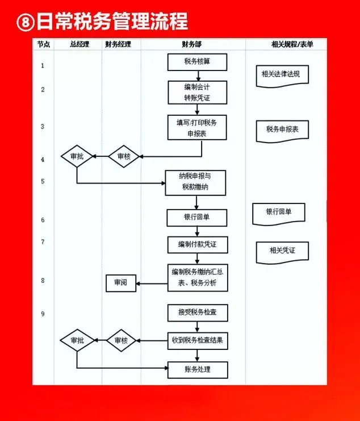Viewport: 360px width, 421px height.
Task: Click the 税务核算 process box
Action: (x=197, y=62)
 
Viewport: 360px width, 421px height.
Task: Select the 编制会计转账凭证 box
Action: (x=197, y=93)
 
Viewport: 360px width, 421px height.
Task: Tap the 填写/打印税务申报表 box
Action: (x=197, y=128)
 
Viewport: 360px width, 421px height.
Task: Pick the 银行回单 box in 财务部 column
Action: (x=197, y=218)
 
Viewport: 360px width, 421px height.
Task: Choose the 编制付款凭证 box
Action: (x=197, y=244)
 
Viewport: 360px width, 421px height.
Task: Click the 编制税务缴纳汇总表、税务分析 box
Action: (x=197, y=278)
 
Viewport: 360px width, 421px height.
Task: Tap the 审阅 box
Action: (x=121, y=283)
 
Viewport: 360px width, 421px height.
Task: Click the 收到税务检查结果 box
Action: (x=197, y=341)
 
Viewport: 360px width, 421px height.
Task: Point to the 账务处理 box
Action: (x=197, y=370)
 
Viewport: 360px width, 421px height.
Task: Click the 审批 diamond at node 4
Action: (x=77, y=156)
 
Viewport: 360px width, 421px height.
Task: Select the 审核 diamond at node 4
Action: (x=123, y=156)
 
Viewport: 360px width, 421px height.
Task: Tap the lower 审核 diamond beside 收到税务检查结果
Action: (x=122, y=341)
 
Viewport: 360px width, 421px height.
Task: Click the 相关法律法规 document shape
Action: (x=282, y=74)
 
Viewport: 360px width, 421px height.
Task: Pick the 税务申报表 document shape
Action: (x=282, y=130)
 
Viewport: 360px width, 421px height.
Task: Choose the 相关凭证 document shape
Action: (x=282, y=251)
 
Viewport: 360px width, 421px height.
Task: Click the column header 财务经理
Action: (x=118, y=44)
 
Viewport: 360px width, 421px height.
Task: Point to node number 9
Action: (x=43, y=314)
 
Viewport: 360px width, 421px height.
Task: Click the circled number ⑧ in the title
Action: (x=25, y=22)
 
